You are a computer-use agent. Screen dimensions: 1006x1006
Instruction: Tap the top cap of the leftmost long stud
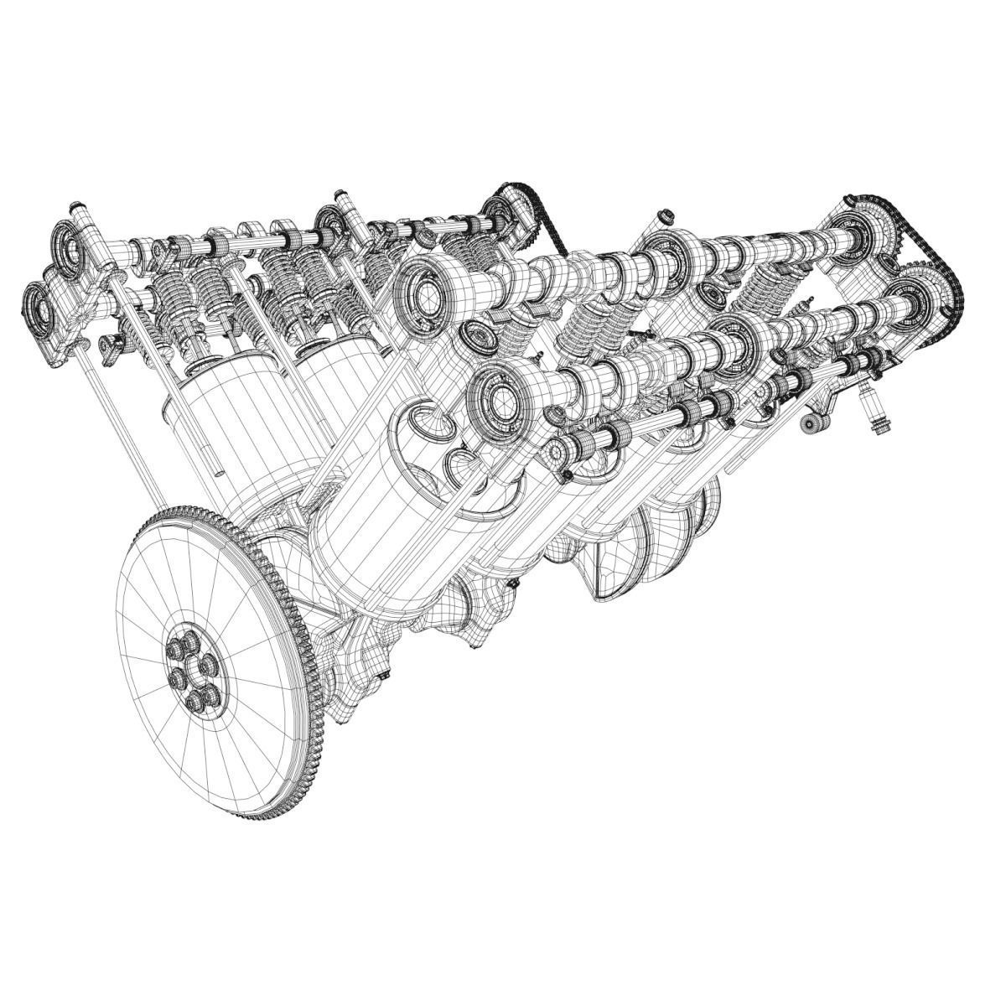coord(77,206)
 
